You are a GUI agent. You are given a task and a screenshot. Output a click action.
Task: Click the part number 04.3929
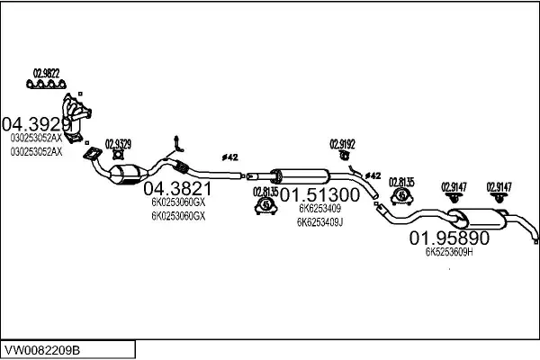point(36,124)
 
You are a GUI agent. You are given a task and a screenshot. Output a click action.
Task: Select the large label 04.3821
point(177,189)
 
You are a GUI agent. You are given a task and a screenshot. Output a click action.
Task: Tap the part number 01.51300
point(319,195)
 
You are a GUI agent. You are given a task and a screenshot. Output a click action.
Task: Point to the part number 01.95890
point(449,238)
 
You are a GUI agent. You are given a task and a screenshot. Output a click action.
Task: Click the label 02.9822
point(46,74)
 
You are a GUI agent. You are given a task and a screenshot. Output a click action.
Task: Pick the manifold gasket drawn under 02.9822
point(46,84)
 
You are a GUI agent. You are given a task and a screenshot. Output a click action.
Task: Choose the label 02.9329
point(118,144)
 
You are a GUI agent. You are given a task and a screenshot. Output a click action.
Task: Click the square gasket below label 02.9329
point(119,155)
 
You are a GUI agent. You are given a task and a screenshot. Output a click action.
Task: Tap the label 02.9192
point(342,144)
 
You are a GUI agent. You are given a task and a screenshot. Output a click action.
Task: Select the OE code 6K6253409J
point(319,222)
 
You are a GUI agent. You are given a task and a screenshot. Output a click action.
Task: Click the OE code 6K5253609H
point(449,252)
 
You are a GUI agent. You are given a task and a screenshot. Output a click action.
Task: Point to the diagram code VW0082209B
point(42,350)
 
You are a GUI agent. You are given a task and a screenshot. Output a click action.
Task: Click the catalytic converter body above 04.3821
point(127,174)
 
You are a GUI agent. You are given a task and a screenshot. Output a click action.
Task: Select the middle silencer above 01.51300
point(301,176)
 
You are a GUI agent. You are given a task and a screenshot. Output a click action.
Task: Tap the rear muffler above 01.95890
point(478,219)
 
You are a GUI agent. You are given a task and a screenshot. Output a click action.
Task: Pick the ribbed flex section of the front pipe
point(181,167)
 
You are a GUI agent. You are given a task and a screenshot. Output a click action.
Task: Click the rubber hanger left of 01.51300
point(265,206)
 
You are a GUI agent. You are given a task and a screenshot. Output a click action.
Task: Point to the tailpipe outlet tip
point(535,241)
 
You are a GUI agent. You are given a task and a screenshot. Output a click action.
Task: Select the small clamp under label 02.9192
point(344,156)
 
